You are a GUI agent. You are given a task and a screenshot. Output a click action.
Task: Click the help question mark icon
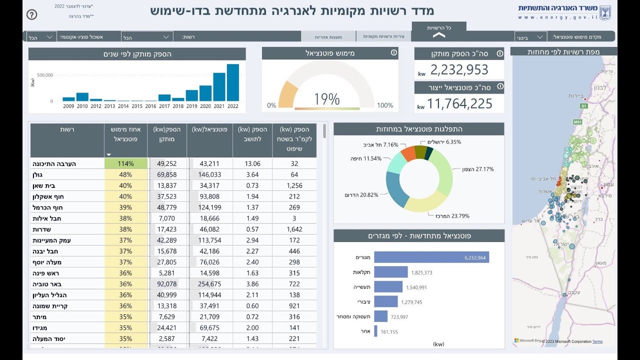pos(31,14)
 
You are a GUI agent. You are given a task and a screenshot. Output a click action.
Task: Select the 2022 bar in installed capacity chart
pos(233,83)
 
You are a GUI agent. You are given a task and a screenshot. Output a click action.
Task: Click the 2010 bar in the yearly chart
pos(82,97)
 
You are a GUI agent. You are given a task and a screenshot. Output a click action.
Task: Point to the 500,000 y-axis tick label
pos(45,75)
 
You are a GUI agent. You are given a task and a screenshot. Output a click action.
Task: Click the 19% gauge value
pos(326,99)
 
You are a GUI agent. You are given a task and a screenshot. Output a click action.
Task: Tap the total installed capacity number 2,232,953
pos(459,70)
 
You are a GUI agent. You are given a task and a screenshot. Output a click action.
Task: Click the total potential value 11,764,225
pos(459,103)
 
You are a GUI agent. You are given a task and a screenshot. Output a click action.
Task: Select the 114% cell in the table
pos(126,163)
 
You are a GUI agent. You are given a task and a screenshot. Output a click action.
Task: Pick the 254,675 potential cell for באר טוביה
pos(209,284)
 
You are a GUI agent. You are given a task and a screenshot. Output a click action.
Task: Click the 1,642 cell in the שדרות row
pos(294,229)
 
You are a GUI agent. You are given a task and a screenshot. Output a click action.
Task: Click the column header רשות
pos(67,129)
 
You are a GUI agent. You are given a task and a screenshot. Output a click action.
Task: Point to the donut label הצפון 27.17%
pos(474,169)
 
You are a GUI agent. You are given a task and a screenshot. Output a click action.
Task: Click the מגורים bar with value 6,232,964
pos(431,257)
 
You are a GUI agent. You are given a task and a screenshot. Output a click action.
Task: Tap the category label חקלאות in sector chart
pos(361,272)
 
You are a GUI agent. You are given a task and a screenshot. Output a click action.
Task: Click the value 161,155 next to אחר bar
pos(392,331)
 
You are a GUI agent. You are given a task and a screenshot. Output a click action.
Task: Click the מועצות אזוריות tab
pos(328,37)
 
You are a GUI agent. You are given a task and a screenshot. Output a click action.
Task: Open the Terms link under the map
pos(597,342)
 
